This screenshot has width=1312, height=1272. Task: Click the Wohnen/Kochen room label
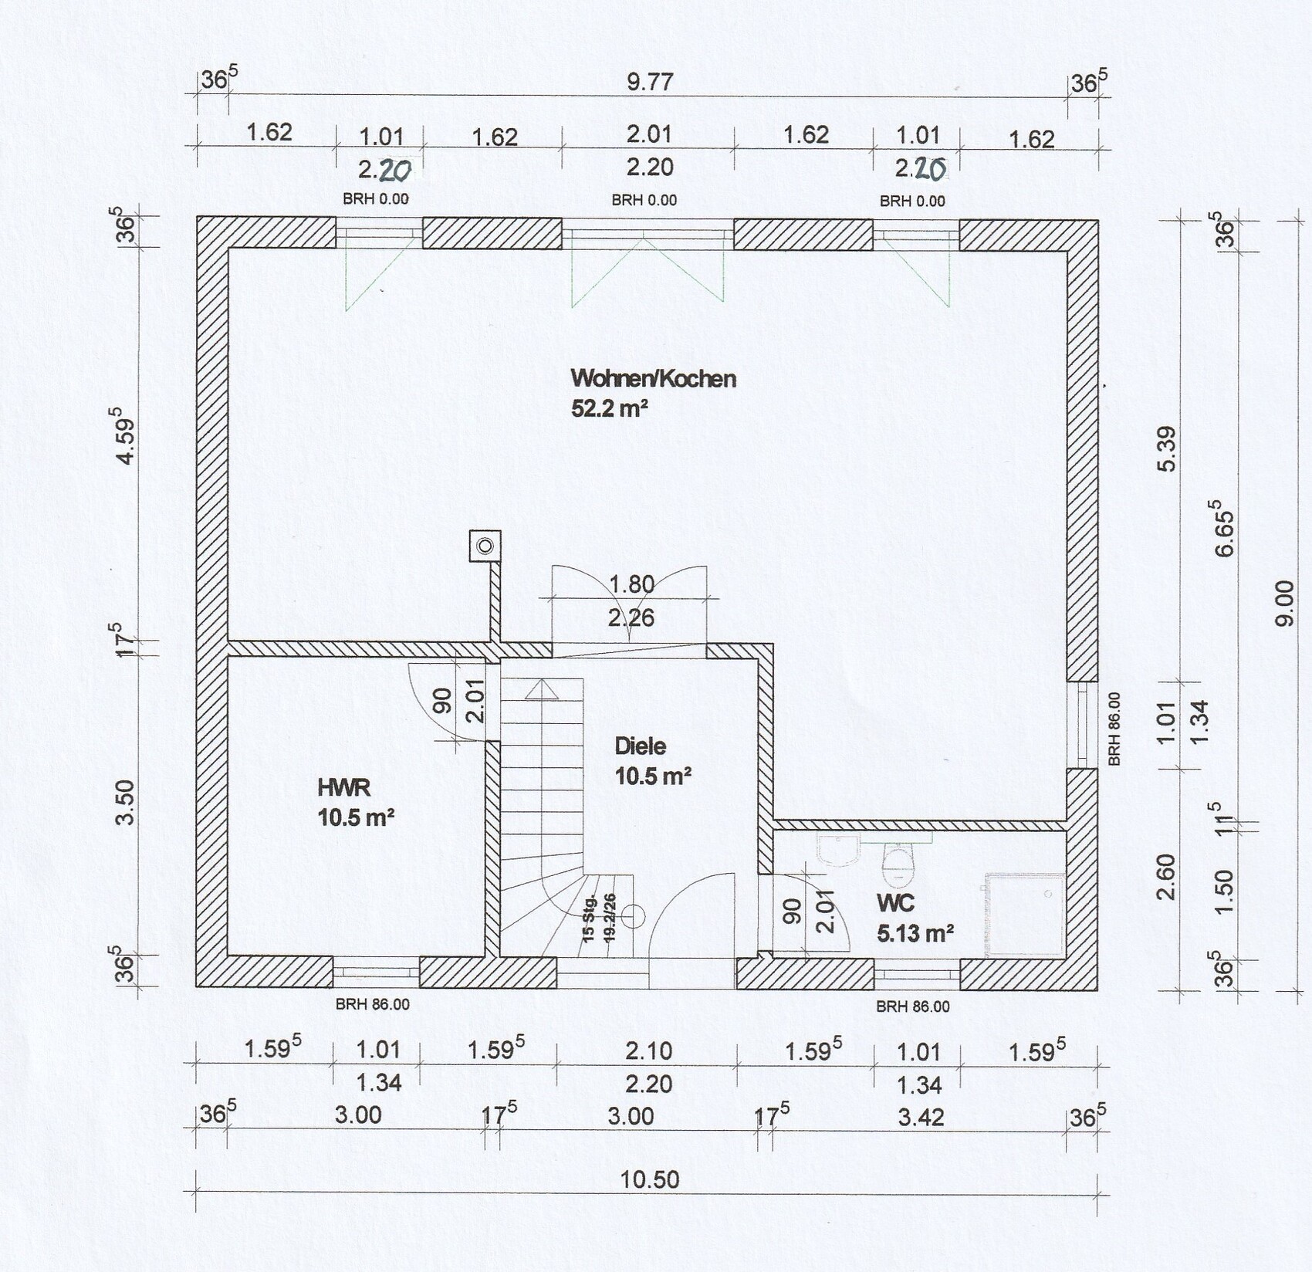[x=653, y=379]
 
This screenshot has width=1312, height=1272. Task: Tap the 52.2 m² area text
[x=609, y=408]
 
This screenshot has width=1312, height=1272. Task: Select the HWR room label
[x=344, y=787]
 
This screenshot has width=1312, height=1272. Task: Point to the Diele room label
[x=640, y=746]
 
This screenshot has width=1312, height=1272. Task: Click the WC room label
[x=895, y=902]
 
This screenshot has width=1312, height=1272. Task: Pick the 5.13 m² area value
[x=915, y=934]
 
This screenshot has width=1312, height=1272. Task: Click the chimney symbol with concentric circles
[x=485, y=546]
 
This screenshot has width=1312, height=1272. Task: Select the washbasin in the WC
[x=837, y=848]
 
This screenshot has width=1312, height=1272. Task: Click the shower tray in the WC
[x=1025, y=915]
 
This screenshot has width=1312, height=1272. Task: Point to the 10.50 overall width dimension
[x=650, y=1180]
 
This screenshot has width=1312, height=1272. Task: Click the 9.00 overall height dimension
[x=1285, y=603]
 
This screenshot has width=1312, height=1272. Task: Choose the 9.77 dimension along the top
[x=650, y=81]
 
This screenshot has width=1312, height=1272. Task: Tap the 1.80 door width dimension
[x=632, y=584]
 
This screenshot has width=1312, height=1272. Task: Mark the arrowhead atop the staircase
[x=541, y=688]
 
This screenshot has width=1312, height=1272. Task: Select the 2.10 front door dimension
[x=650, y=1050]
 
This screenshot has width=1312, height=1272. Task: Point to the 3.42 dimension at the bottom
[x=921, y=1117]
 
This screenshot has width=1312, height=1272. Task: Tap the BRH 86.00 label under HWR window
[x=373, y=1005]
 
